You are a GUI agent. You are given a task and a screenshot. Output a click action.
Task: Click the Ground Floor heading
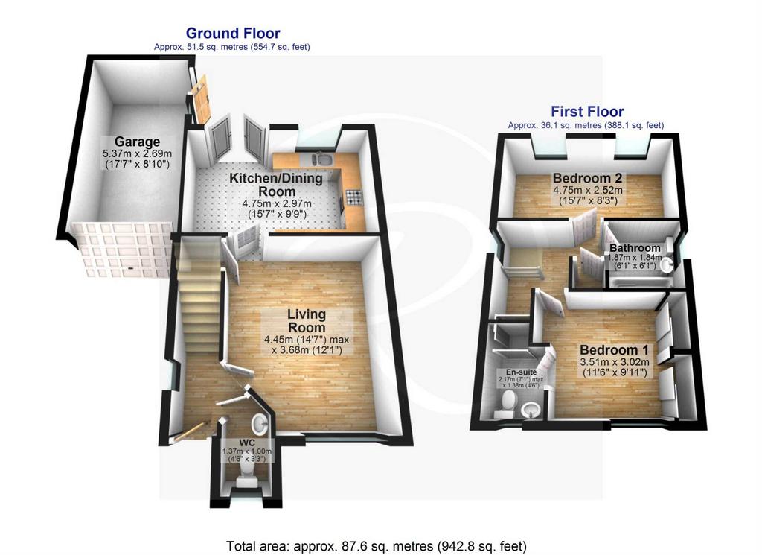click(233, 33)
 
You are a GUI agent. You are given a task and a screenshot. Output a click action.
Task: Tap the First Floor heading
click(587, 112)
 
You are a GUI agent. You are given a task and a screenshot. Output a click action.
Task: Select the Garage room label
click(137, 142)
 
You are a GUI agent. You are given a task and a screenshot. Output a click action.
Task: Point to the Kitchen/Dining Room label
click(276, 184)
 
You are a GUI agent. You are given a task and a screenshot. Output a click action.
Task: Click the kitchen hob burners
click(353, 197)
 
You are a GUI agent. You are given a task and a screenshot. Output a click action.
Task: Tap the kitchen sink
click(321, 159)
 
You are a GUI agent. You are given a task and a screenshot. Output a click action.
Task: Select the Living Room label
click(307, 320)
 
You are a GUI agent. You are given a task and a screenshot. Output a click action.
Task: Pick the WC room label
click(247, 443)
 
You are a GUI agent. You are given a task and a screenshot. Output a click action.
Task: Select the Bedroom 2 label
click(588, 177)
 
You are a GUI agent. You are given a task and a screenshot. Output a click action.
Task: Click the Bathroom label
click(635, 248)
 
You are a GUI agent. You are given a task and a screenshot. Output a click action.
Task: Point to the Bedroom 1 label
click(614, 349)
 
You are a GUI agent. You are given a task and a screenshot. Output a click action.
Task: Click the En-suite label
click(521, 372)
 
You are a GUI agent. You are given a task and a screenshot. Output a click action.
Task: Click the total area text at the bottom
click(376, 546)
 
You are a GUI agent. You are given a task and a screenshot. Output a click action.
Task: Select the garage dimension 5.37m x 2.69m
click(137, 153)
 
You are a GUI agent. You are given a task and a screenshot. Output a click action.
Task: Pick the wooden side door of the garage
click(201, 100)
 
